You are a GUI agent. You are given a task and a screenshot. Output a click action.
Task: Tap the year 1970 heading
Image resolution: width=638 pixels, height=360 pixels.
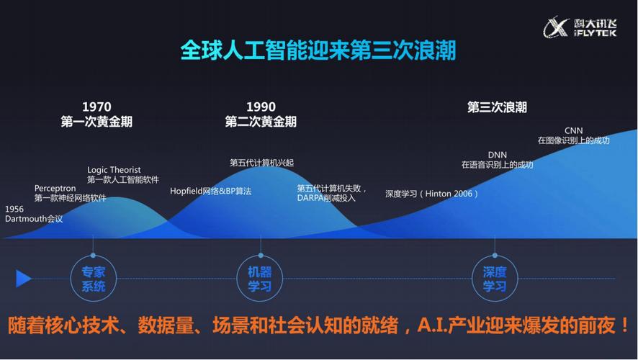[96, 107]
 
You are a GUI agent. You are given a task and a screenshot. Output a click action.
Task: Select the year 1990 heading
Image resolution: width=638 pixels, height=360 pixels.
[261, 107]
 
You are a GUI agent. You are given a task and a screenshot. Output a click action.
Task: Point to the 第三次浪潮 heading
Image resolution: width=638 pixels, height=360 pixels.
[497, 107]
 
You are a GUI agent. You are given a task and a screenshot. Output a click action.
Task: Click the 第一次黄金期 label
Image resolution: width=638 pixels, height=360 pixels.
[96, 122]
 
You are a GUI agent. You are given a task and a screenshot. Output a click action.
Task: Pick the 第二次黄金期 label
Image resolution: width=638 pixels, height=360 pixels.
[261, 122]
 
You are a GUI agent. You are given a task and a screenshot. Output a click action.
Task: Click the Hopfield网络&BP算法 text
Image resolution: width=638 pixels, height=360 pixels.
[210, 191]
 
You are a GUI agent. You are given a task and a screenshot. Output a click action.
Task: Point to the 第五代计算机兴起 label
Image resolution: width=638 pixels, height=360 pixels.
[261, 163]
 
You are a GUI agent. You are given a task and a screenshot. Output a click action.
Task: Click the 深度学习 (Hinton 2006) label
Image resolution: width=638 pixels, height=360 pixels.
[431, 194]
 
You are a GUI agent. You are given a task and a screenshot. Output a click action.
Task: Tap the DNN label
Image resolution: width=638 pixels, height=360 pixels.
[497, 155]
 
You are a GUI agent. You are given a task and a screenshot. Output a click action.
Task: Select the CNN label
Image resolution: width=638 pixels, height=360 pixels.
[573, 130]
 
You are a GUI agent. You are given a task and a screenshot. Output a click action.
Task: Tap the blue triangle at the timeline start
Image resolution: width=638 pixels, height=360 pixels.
[23, 278]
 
